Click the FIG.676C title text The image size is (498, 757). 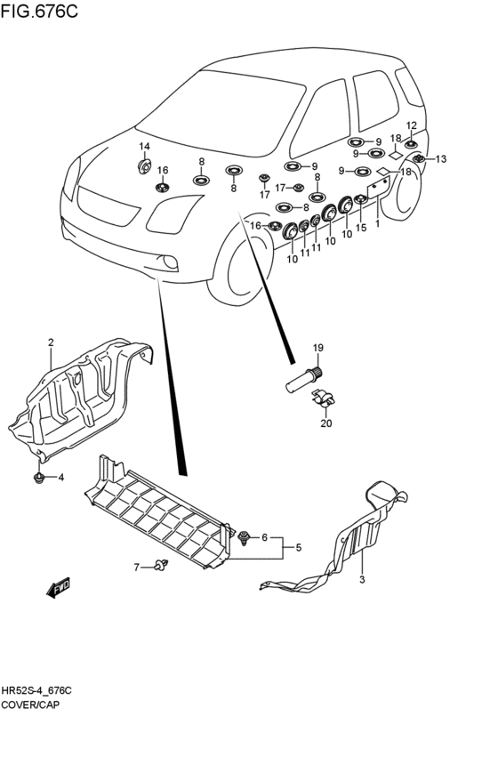[39, 11]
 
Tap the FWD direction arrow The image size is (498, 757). [59, 587]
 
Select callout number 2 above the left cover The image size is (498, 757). [51, 342]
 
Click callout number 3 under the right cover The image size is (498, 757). [363, 579]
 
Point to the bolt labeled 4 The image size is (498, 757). [38, 478]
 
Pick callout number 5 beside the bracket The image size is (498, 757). [298, 547]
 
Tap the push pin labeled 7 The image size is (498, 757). [162, 564]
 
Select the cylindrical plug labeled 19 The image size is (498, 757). [305, 380]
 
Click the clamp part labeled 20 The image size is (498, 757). [323, 399]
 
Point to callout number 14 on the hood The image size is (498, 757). [145, 146]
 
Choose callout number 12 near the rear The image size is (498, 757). [411, 126]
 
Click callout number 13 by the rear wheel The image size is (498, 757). [441, 159]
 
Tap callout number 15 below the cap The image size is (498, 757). [361, 228]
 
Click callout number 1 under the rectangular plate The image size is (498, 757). [377, 223]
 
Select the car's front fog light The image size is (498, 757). [171, 262]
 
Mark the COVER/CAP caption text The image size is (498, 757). [30, 705]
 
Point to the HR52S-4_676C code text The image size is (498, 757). [36, 691]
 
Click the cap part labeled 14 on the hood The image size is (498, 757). [144, 166]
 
